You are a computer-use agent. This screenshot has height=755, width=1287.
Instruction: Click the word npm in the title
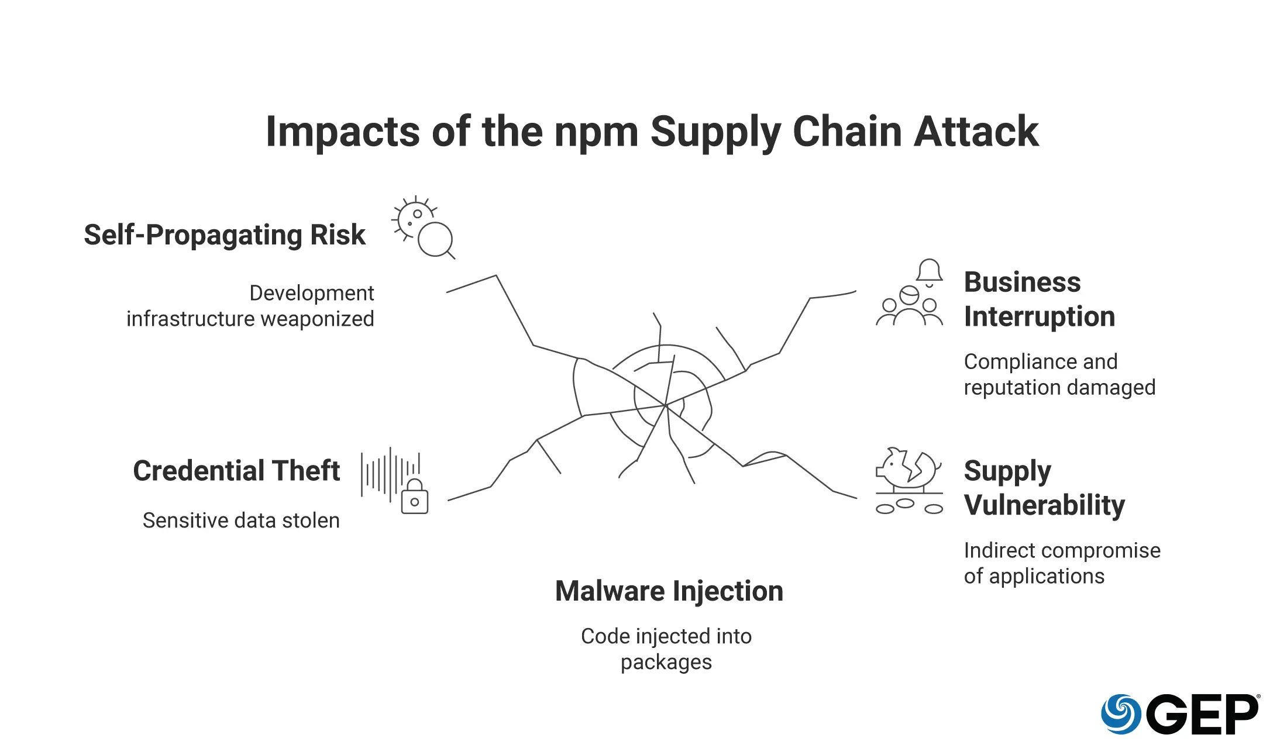point(596,132)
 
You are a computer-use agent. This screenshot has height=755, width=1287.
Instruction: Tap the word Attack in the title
point(976,131)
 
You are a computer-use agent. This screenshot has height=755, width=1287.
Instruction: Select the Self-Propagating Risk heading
point(224,235)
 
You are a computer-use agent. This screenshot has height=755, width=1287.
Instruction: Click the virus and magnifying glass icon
point(424,227)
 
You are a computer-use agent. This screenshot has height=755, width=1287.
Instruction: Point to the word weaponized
point(317,319)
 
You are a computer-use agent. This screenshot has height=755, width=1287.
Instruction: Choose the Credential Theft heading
point(236,471)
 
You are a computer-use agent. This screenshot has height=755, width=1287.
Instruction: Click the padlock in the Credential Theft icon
point(415,498)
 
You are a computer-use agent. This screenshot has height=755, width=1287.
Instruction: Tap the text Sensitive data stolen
point(241,520)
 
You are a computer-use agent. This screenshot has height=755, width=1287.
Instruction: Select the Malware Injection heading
point(669,591)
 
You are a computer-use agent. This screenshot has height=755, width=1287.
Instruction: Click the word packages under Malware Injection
point(666,662)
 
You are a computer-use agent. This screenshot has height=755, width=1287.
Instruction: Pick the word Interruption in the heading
point(1039,316)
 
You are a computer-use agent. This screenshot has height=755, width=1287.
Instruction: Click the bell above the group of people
point(929,272)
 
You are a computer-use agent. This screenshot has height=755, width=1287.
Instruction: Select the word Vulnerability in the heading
point(1044,505)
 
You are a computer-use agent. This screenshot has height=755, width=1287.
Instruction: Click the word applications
point(1047,576)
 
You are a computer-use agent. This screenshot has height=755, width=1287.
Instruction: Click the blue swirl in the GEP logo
point(1120,713)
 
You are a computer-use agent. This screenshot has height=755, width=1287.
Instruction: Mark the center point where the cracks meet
point(666,405)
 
